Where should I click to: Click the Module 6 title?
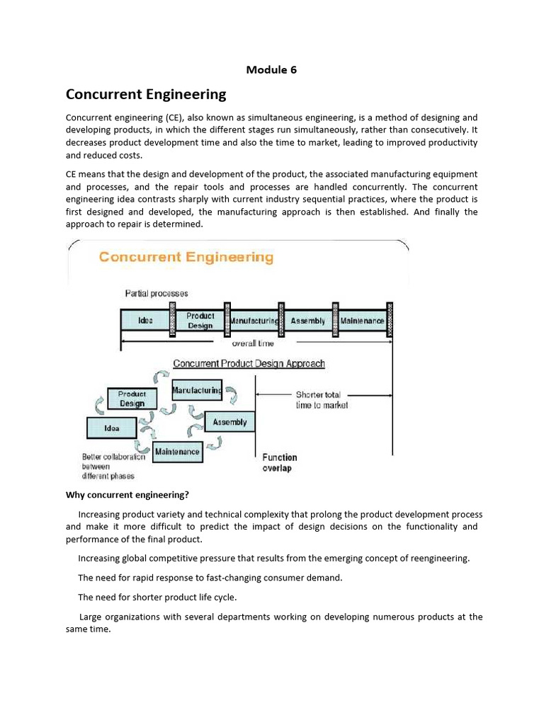pyautogui.click(x=271, y=69)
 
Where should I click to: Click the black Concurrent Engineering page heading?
pyautogui.click(x=146, y=94)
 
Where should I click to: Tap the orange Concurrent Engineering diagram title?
pyautogui.click(x=186, y=257)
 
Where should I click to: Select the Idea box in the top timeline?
pyautogui.click(x=145, y=321)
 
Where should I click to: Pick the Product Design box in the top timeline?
pyautogui.click(x=200, y=321)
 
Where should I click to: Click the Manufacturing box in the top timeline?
pyautogui.click(x=254, y=321)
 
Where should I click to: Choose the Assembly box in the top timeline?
pyautogui.click(x=308, y=321)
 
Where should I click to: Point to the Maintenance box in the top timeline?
pyautogui.click(x=362, y=321)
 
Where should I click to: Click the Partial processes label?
pyautogui.click(x=157, y=293)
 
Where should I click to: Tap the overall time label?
pyautogui.click(x=254, y=343)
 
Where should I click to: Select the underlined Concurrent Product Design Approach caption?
pyautogui.click(x=249, y=364)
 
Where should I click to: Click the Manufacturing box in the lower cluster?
pyautogui.click(x=197, y=389)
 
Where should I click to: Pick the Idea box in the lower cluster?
pyautogui.click(x=111, y=428)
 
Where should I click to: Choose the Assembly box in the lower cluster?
pyautogui.click(x=229, y=422)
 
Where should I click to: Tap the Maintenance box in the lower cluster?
pyautogui.click(x=177, y=451)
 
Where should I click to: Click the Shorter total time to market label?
pyautogui.click(x=322, y=400)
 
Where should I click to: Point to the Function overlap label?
pyautogui.click(x=280, y=462)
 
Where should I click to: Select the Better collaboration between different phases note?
pyautogui.click(x=113, y=466)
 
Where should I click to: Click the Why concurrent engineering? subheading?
pyautogui.click(x=127, y=494)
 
